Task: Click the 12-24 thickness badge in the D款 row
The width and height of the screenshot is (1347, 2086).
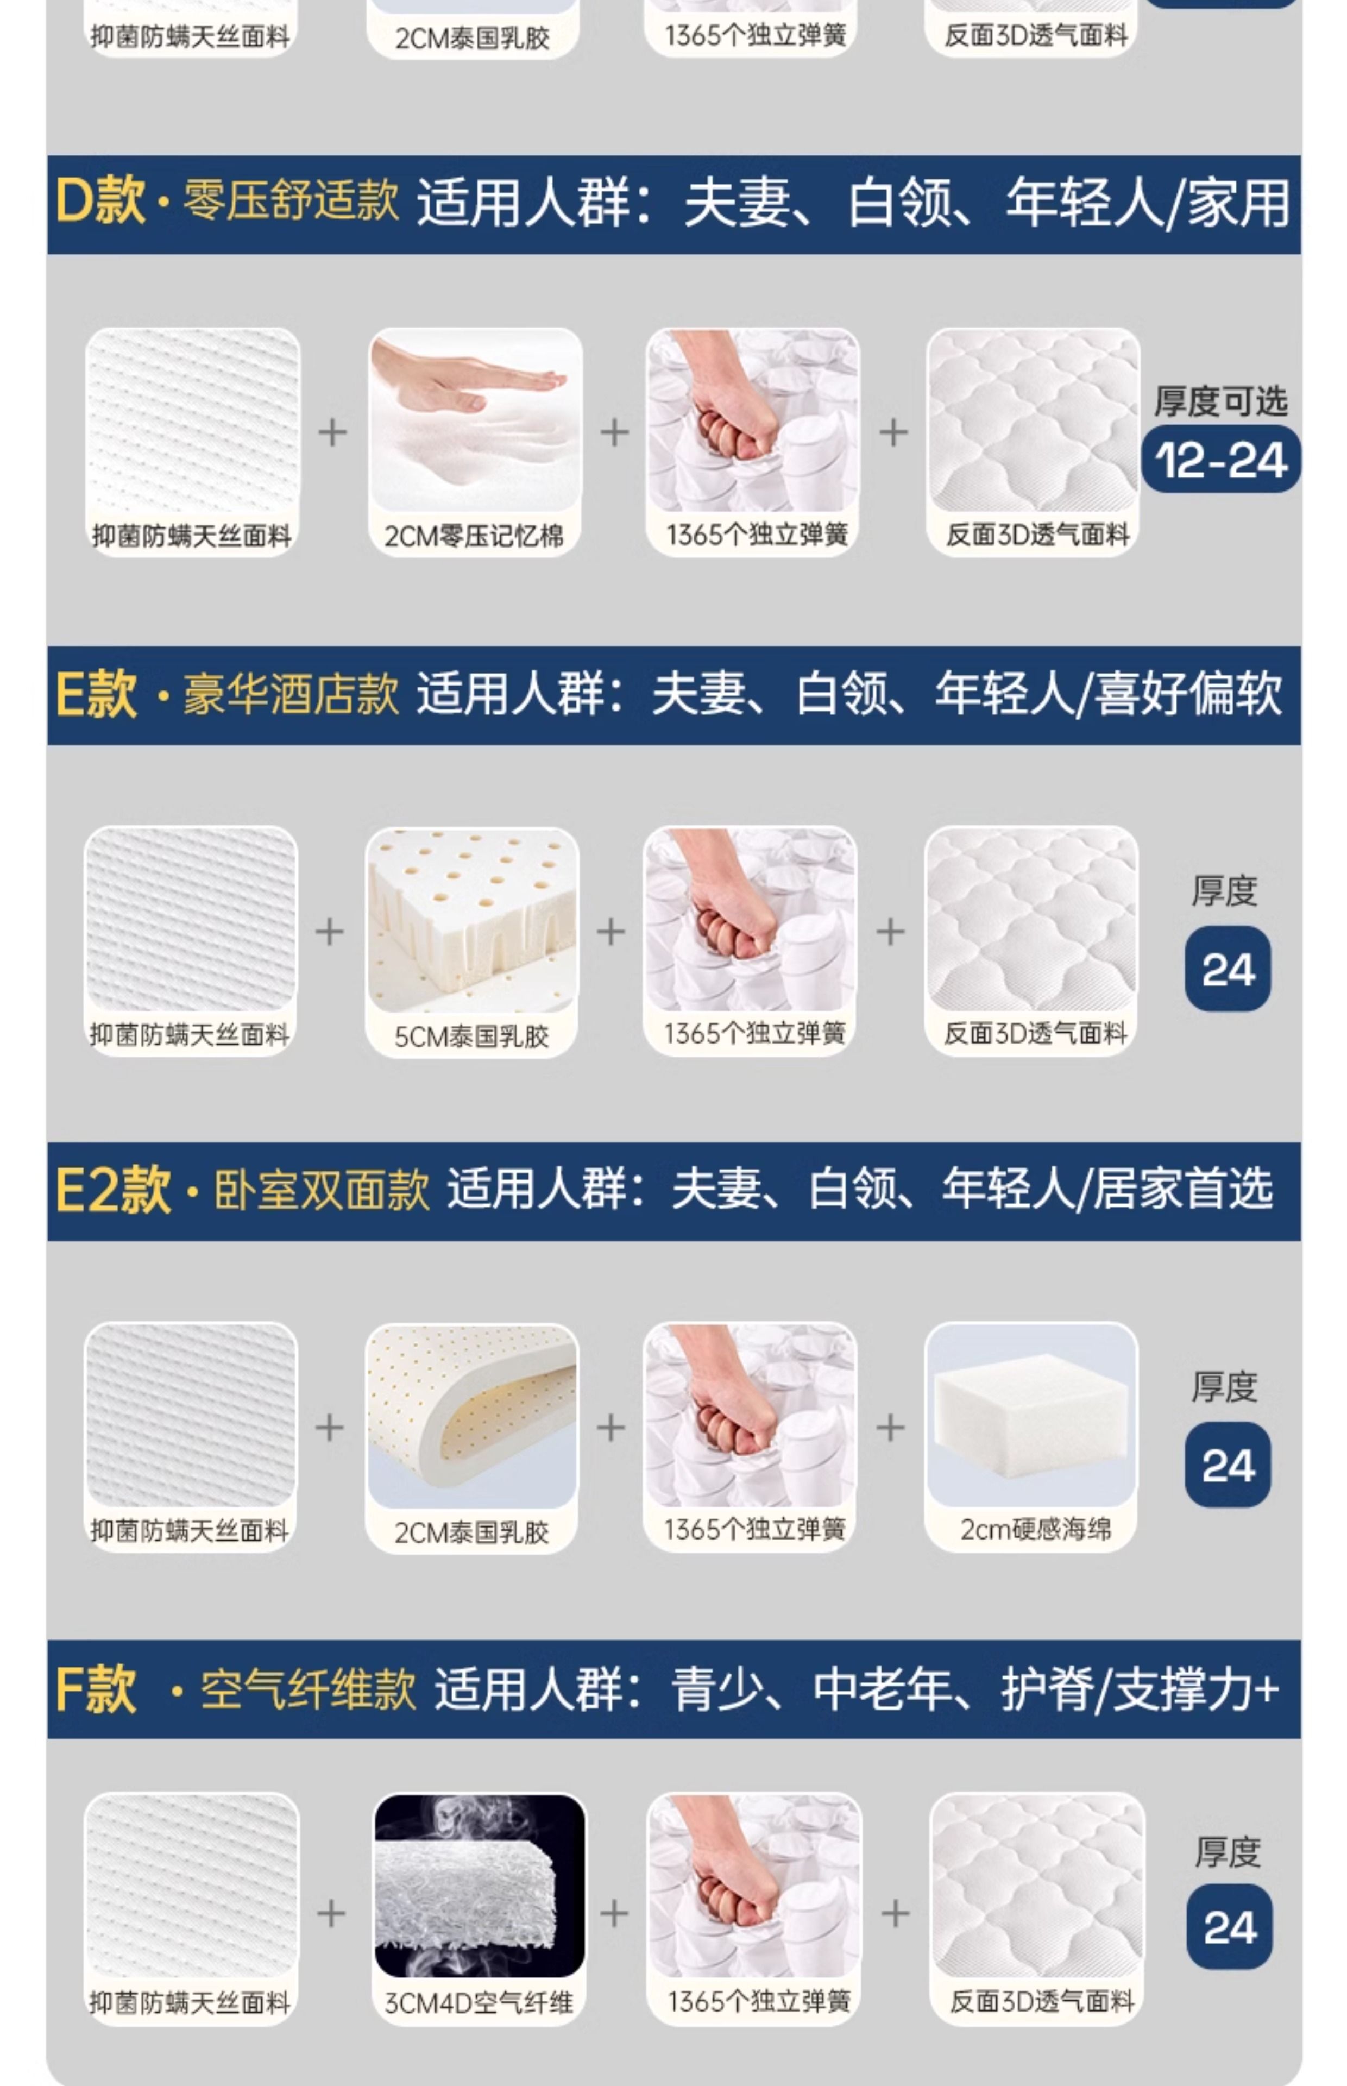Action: coord(1221,459)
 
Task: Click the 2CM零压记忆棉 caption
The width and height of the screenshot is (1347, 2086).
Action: coord(474,535)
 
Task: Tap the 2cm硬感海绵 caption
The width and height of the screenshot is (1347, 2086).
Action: coord(1036,1529)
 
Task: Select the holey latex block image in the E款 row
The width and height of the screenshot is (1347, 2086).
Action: coord(473,920)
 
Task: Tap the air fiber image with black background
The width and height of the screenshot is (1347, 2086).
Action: coord(479,1886)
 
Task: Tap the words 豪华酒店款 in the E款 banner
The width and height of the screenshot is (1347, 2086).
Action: coord(291,695)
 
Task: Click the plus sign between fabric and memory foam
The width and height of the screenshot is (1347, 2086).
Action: coord(332,432)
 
